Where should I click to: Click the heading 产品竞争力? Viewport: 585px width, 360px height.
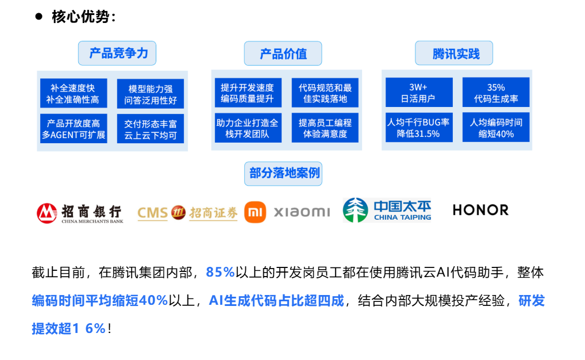[117, 53]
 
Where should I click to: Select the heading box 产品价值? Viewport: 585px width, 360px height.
[283, 54]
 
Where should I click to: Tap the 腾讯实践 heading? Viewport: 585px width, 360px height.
[455, 54]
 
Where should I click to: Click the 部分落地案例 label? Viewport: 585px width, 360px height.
[283, 173]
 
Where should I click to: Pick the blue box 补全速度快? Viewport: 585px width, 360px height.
[73, 94]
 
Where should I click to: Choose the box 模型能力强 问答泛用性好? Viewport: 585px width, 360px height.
[151, 94]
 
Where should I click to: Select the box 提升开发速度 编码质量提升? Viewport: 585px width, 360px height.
[248, 93]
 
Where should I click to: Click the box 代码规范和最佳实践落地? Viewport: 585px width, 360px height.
[325, 93]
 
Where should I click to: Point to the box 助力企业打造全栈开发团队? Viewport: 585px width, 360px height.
[248, 129]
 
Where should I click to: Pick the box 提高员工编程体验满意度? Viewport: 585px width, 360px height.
[325, 129]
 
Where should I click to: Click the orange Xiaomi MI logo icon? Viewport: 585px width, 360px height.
[255, 212]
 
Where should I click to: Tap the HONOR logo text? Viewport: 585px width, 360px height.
[480, 210]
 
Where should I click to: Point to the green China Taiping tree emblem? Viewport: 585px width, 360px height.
[355, 210]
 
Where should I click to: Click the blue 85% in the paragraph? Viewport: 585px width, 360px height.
[221, 273]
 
